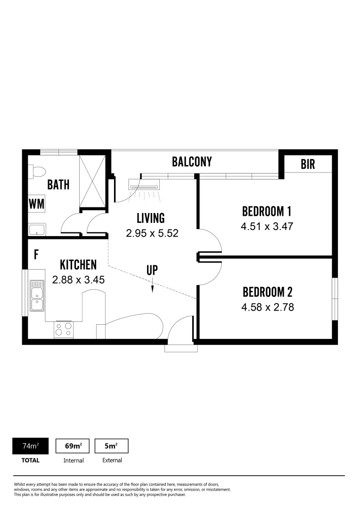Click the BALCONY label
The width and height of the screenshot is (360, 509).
pos(192,162)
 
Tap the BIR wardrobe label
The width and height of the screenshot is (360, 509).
pos(308,164)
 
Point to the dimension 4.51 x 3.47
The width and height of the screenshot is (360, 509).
pos(267,226)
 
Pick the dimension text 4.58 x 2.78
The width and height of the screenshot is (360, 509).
pos(267,307)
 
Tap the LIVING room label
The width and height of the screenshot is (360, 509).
pos(151,218)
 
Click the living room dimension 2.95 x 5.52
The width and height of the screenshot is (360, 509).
pos(152,233)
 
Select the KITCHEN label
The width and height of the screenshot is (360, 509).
pos(78,265)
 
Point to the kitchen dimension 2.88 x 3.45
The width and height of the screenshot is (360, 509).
pos(78,279)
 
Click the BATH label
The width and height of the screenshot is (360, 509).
pos(58,184)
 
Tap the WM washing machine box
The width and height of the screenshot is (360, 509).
pos(37,204)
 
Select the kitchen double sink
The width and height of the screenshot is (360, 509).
pos(37,296)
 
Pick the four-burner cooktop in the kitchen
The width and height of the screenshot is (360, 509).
pos(64,328)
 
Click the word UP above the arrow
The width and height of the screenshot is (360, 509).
pos(152,270)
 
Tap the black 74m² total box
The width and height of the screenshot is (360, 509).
pos(31,446)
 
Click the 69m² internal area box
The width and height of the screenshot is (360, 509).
pos(73,446)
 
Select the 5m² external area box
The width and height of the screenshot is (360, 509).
pos(112,446)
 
